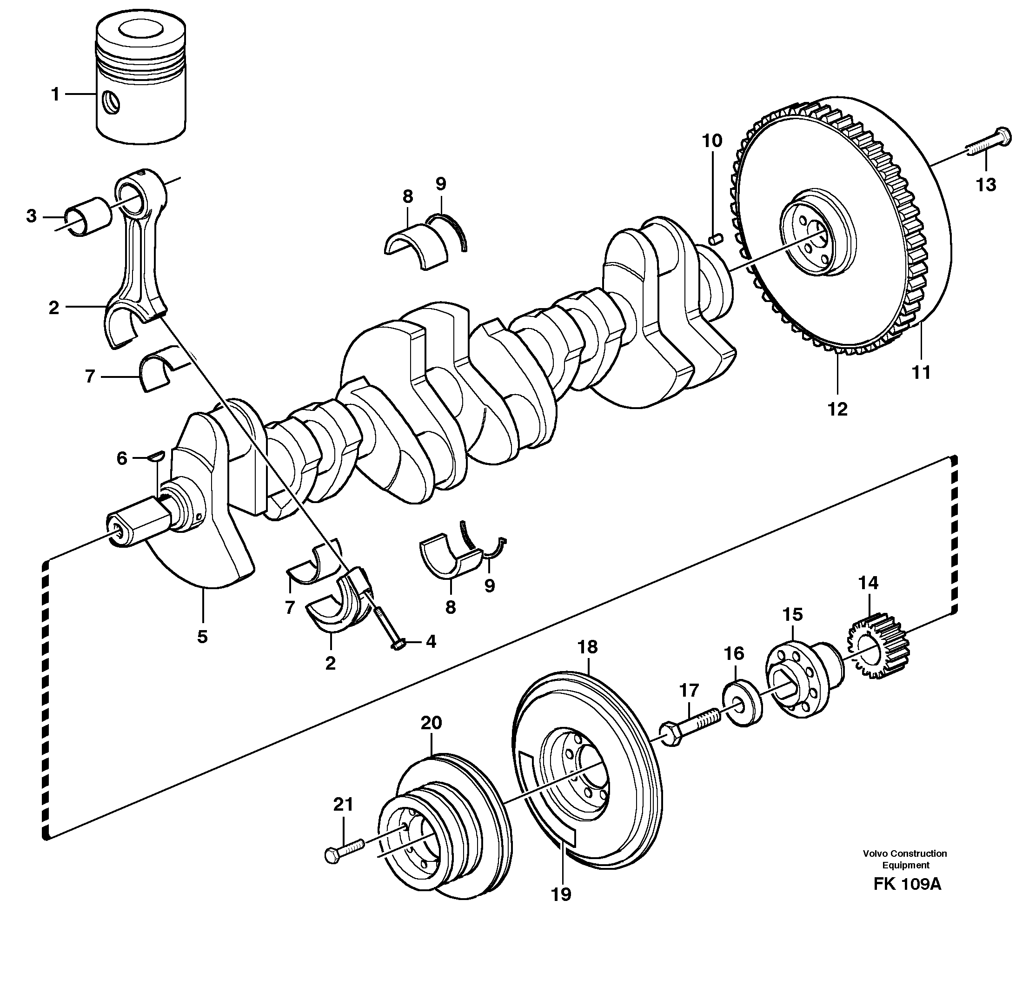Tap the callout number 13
coord(986,185)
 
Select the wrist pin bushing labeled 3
coord(88,216)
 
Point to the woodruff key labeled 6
coord(156,456)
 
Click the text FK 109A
coord(907,884)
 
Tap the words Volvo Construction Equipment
coord(905,859)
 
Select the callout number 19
coord(561,894)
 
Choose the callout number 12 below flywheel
coord(837,409)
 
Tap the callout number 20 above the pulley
coord(431,723)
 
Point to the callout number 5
coord(202,637)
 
